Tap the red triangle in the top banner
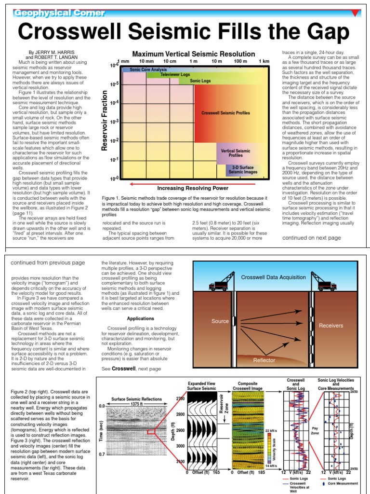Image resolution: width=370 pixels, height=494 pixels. tap(356, 13)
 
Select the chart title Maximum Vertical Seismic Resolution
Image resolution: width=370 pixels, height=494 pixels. tap(194, 54)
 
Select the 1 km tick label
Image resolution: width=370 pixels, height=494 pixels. tap(264, 62)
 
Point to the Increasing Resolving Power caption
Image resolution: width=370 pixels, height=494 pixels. tap(193, 188)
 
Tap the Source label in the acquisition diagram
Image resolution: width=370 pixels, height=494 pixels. tap(220, 321)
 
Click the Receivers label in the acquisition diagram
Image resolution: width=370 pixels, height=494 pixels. tap(330, 326)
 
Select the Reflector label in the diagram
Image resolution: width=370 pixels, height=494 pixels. tap(264, 360)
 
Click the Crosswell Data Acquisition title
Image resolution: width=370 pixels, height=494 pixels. tap(273, 277)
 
